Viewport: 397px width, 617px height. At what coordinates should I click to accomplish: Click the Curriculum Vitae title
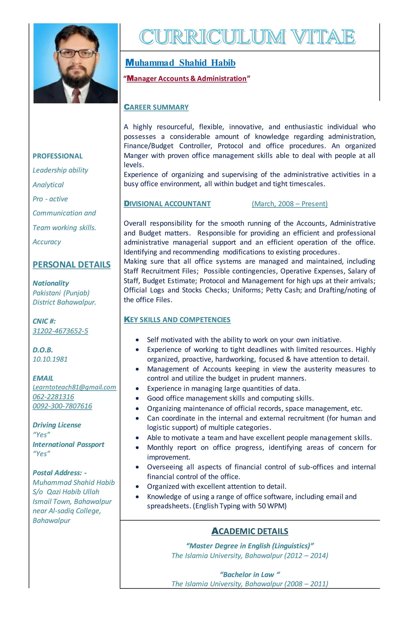pos(247,37)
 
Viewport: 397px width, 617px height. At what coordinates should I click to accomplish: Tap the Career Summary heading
pos(156,107)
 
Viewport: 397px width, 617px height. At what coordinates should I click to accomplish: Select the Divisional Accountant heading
pos(167,204)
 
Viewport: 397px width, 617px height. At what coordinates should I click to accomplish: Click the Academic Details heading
pos(249,531)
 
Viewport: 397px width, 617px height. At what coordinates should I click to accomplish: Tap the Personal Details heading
pos(71,265)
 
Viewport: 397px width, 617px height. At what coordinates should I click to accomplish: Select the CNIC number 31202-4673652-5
pos(60,331)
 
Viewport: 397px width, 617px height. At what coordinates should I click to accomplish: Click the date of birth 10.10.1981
pos(50,359)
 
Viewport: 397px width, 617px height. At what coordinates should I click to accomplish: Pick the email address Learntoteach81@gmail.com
pos(74,387)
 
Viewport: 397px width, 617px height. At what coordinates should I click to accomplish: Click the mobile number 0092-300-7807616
pos(62,406)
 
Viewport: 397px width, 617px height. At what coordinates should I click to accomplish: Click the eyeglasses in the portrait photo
pos(77,53)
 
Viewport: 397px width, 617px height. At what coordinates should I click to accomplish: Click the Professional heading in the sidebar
pos(58,156)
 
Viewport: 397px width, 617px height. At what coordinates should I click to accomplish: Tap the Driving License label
pos(57,425)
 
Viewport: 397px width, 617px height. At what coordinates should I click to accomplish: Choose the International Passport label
pos(68,444)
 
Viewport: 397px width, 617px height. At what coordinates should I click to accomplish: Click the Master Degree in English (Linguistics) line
pos(249,546)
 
